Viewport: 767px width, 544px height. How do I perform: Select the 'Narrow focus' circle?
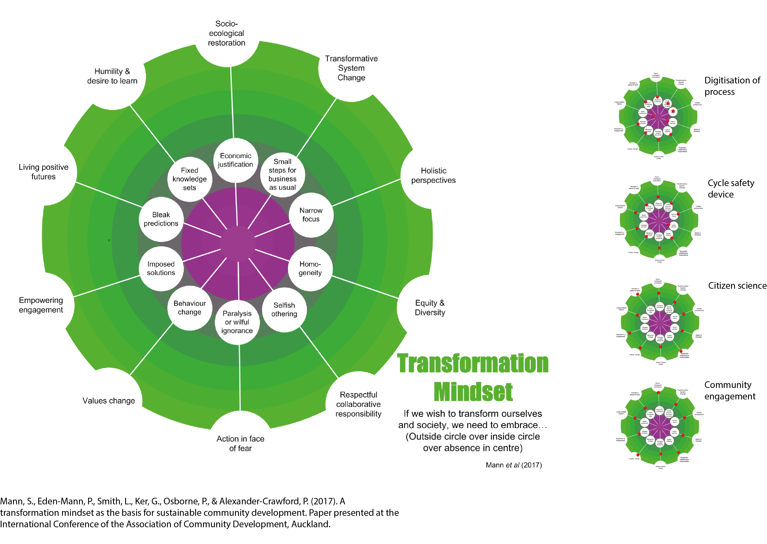311,215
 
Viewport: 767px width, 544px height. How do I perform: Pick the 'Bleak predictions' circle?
161,219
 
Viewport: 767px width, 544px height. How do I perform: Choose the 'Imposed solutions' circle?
161,268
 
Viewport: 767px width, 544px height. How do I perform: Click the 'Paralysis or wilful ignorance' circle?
237,322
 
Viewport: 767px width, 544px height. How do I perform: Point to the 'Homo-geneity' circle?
310,268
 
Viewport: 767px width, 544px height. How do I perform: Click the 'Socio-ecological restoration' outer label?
227,33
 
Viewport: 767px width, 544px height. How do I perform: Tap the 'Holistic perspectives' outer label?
433,175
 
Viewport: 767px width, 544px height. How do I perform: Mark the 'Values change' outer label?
109,401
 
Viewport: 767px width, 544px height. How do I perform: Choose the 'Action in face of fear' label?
240,443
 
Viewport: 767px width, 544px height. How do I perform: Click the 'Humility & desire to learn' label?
112,76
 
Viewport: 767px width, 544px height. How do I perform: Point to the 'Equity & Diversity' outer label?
430,308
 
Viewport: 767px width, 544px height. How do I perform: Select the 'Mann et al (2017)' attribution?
513,465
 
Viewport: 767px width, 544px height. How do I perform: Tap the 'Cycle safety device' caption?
731,189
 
